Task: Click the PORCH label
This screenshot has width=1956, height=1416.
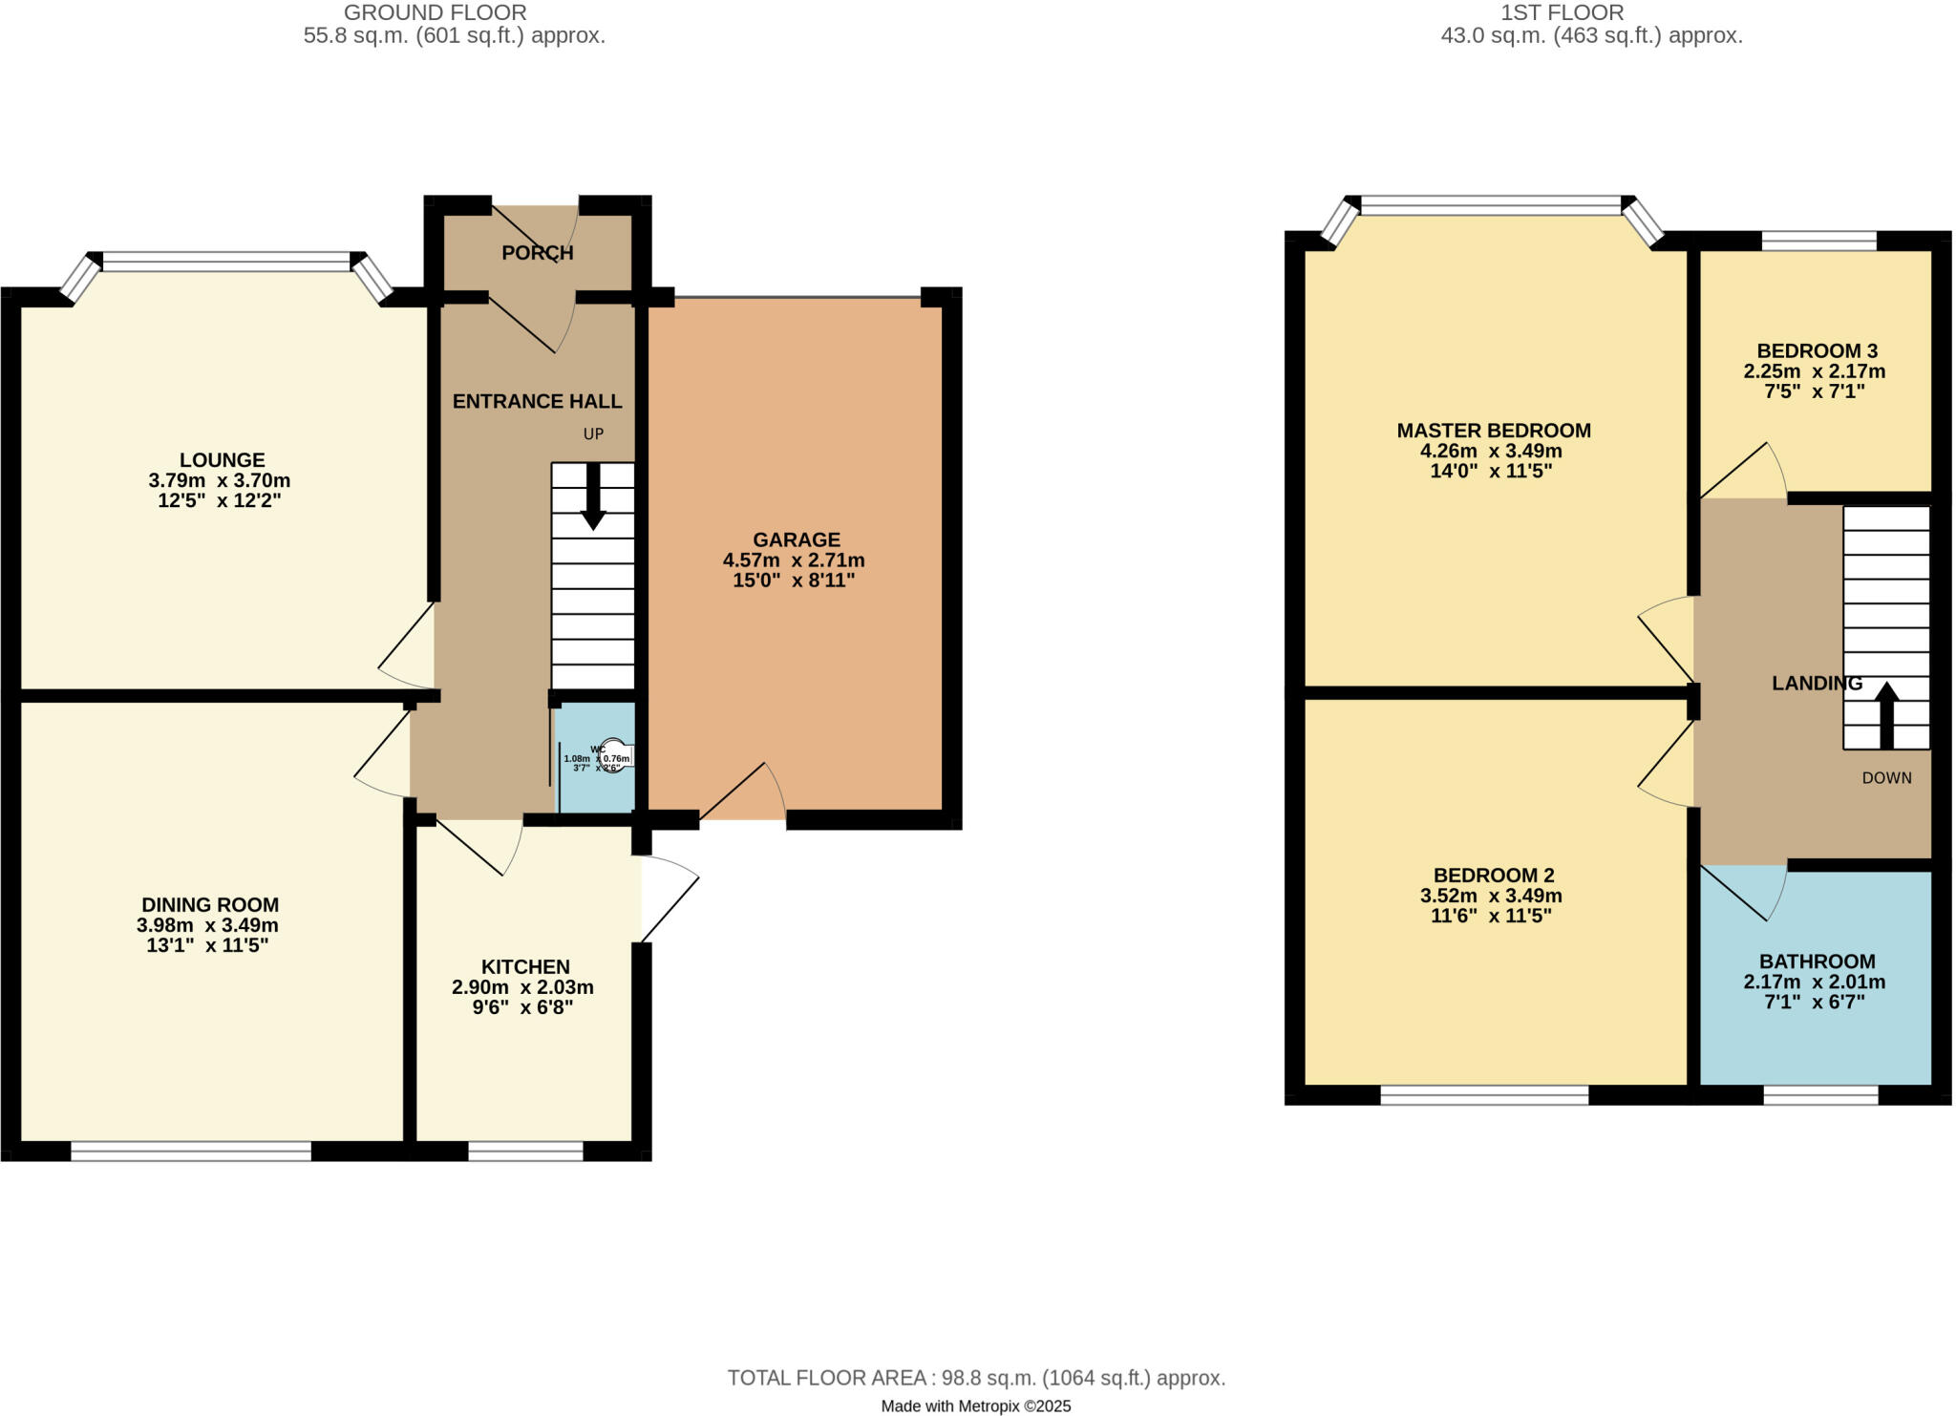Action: (538, 253)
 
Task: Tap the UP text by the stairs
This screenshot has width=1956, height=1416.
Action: (593, 434)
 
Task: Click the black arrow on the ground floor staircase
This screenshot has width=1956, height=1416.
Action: (593, 497)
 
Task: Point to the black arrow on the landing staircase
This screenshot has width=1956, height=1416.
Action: (1886, 714)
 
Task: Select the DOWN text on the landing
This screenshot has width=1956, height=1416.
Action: (1886, 778)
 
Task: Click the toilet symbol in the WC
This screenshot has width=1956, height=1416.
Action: (614, 756)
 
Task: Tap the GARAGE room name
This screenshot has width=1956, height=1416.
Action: (796, 539)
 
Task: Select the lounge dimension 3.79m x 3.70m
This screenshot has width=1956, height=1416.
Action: (220, 480)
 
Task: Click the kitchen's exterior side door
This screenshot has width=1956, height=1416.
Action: (669, 898)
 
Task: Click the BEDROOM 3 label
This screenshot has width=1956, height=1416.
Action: (1817, 350)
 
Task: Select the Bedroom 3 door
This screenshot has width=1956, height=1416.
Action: (1744, 472)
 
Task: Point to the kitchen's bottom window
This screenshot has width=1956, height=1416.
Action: (525, 1151)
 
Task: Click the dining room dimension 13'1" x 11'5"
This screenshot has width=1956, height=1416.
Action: (207, 946)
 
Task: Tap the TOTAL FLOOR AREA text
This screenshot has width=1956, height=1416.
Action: (976, 1378)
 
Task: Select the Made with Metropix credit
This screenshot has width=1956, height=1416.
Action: (975, 1406)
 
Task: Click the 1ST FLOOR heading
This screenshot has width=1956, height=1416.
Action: (1562, 12)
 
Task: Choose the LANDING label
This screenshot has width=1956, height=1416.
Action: (1817, 684)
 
